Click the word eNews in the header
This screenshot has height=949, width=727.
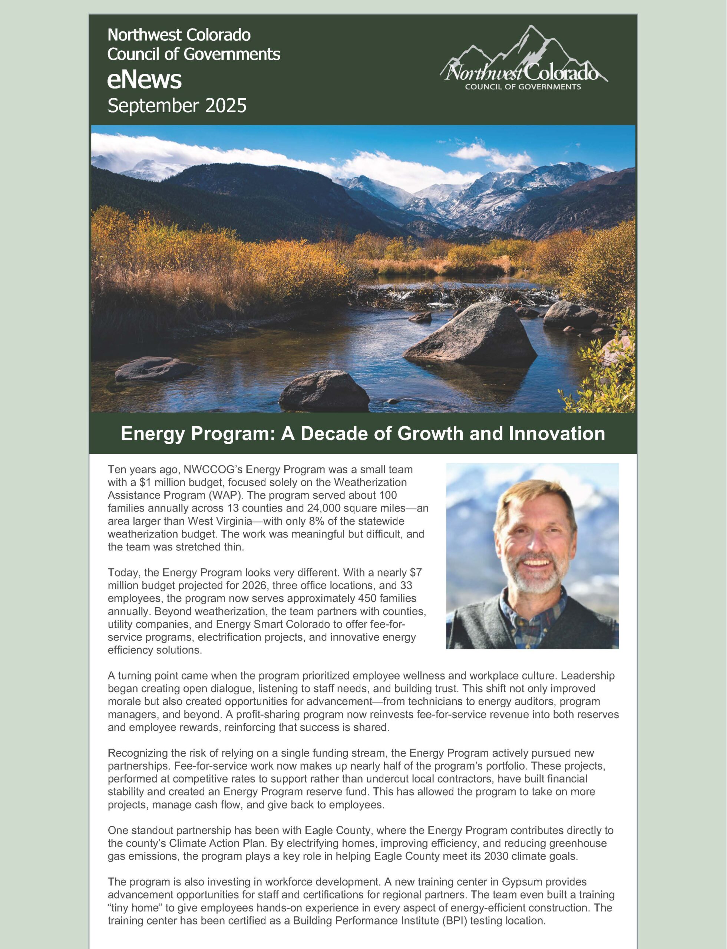[145, 80]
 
